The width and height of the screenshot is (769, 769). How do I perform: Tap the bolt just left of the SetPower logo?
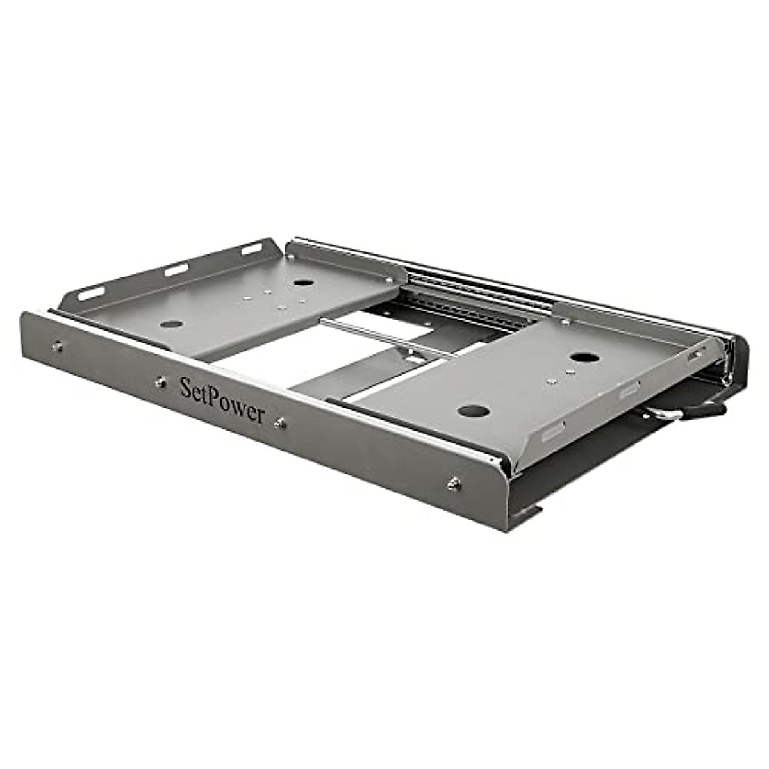click(x=160, y=382)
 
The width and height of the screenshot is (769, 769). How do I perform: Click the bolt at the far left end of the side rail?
click(x=58, y=347)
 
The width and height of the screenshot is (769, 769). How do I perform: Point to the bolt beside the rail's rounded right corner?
click(x=454, y=484)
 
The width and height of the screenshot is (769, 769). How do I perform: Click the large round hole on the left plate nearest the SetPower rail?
click(x=172, y=324)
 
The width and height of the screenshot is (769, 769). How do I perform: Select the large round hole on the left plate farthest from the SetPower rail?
click(x=301, y=282)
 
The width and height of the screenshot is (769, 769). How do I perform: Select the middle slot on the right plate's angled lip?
click(x=628, y=386)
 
